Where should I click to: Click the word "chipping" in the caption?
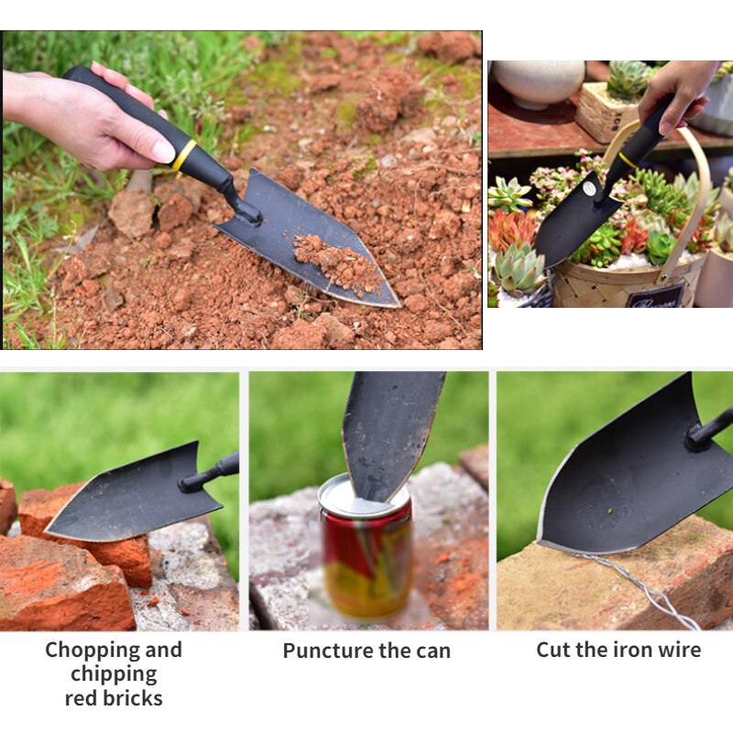coord(114,673)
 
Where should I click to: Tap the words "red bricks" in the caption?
coord(114,698)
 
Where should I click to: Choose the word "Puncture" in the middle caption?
coord(323,651)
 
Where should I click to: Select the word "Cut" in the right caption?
coord(553,650)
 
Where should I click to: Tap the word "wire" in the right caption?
coord(679,650)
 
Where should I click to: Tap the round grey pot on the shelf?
coord(539,82)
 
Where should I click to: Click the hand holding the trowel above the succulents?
coord(678,92)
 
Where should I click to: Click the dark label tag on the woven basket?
coord(654,296)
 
